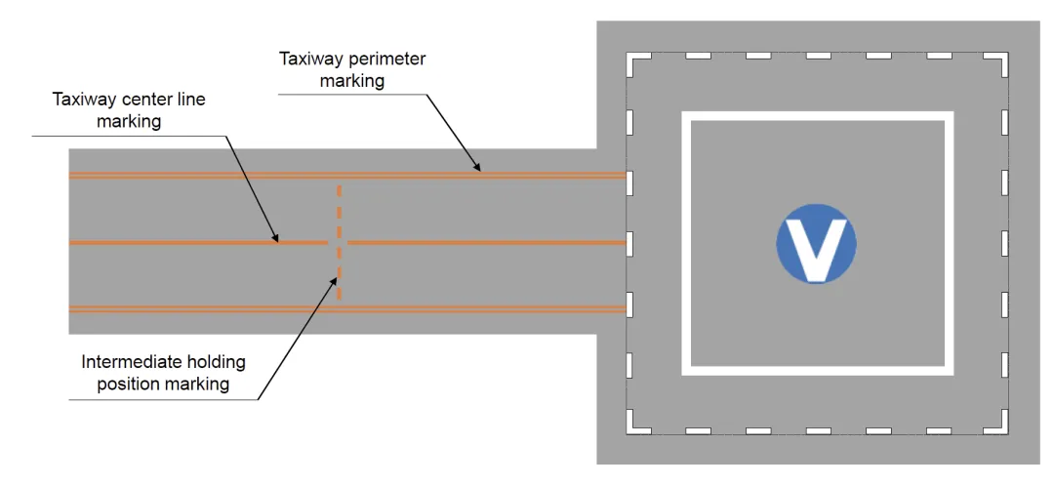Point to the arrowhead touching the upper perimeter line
pyautogui.click(x=477, y=168)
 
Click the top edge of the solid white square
pyautogui.click(x=816, y=116)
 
